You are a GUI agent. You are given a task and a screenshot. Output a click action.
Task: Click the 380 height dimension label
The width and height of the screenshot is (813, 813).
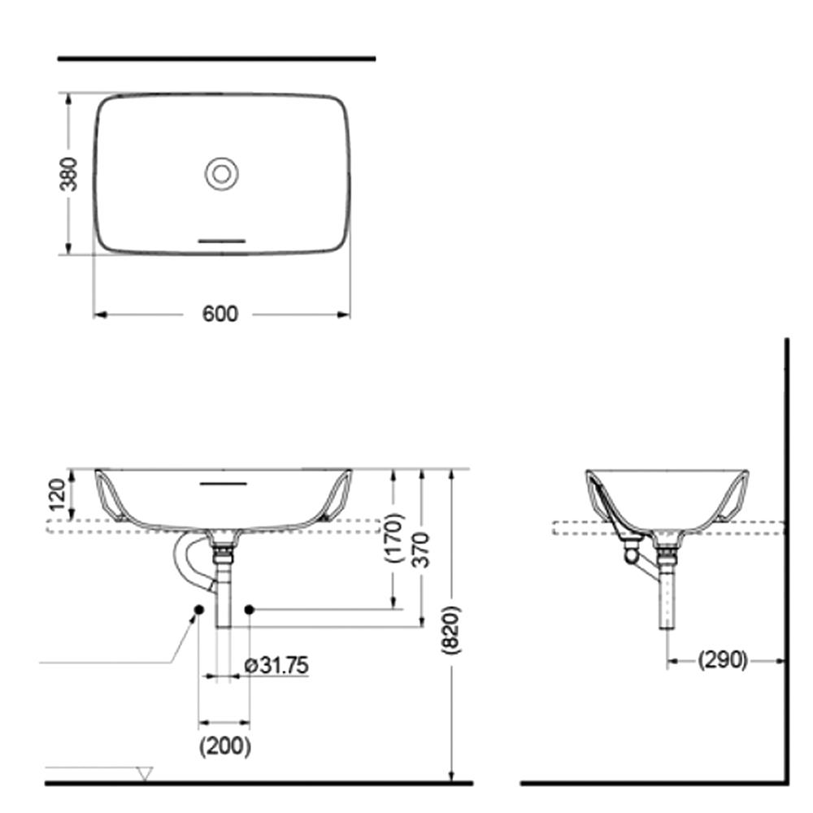point(68,174)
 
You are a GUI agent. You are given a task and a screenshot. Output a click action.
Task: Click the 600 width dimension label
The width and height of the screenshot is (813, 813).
point(220,314)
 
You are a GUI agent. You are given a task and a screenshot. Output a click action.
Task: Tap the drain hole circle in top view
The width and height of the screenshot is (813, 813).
point(221,174)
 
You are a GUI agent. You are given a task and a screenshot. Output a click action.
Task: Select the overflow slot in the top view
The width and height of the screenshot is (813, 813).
point(222,241)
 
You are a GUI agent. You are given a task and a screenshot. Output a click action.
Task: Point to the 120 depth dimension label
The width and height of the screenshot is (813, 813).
point(57,494)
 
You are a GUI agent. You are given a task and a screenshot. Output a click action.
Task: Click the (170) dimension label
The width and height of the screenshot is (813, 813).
point(393,537)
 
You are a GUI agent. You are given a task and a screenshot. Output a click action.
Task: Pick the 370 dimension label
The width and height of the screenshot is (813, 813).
point(421,550)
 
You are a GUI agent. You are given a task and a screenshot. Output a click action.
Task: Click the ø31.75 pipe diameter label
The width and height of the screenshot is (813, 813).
point(276,665)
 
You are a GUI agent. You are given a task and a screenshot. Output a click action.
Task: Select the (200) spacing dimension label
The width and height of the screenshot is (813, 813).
point(225,746)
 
